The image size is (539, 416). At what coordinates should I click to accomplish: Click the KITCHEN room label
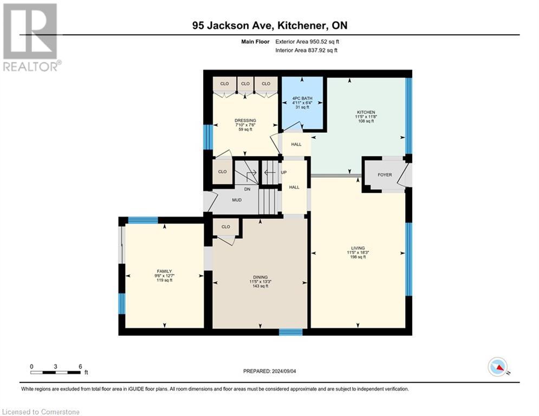366,113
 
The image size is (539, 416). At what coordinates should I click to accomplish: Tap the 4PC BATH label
302,99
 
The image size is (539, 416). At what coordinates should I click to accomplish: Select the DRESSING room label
245,120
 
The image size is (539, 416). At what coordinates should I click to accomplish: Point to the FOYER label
385,174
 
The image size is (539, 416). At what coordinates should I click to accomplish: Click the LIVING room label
358,248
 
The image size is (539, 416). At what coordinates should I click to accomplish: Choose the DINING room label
260,277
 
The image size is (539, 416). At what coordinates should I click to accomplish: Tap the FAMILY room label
164,271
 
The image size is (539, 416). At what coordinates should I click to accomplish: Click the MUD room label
237,200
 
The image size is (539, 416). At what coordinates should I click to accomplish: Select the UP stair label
284,172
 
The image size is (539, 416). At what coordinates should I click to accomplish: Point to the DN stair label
247,189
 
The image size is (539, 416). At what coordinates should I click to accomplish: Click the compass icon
498,367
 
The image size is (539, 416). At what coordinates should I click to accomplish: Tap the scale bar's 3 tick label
55,367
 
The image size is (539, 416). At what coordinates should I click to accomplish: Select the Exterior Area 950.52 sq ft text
307,42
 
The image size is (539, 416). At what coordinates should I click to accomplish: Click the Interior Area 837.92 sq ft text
306,50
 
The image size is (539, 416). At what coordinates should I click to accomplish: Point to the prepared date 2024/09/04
284,371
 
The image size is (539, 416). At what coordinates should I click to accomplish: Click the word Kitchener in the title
301,25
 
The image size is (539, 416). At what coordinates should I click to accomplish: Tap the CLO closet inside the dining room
226,226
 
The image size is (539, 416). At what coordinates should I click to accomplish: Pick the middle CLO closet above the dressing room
245,83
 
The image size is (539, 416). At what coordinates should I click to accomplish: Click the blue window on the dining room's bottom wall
290,331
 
